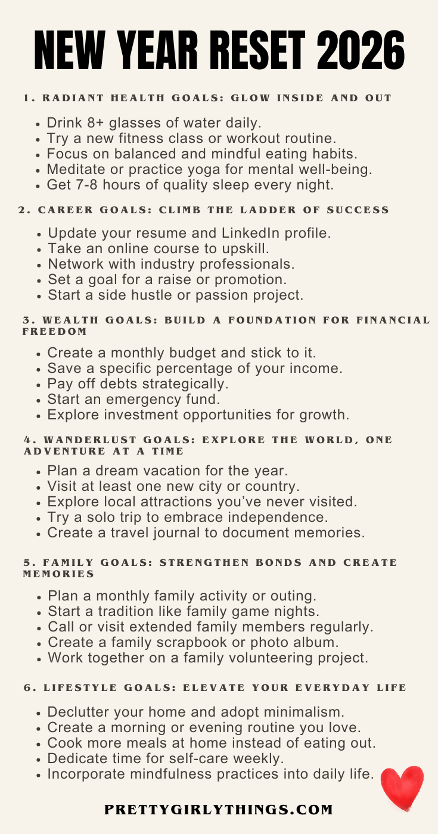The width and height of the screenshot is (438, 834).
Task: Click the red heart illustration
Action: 402,788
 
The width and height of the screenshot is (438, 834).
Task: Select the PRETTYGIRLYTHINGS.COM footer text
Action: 219,810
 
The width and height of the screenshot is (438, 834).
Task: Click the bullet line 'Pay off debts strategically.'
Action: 138,384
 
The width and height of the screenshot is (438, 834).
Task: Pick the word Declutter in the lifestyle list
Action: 77,712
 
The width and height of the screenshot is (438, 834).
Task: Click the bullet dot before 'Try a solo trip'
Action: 39,518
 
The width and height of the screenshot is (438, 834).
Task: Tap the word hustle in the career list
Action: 161,294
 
